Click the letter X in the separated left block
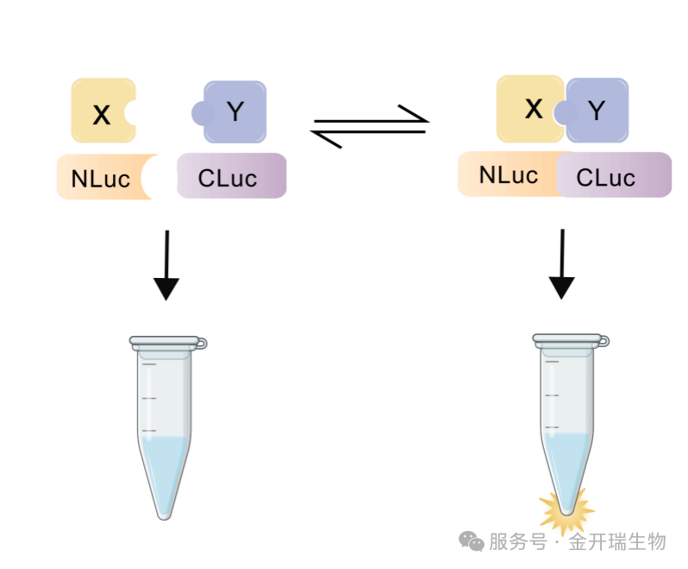[102, 114]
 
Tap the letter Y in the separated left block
[235, 111]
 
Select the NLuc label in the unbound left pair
[100, 179]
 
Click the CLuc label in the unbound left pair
[228, 179]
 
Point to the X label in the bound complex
[535, 109]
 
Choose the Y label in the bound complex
[597, 110]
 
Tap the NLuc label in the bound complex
[509, 174]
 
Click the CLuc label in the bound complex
[605, 178]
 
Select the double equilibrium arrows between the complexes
[370, 126]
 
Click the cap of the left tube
[167, 343]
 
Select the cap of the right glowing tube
[570, 341]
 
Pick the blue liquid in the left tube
[165, 471]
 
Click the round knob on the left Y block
[202, 113]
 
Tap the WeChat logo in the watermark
[472, 541]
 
